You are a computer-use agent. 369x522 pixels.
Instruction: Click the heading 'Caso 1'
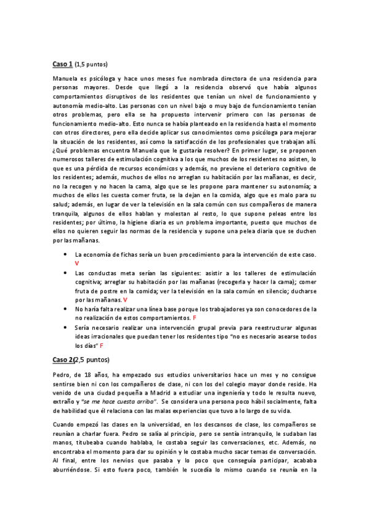pos(62,63)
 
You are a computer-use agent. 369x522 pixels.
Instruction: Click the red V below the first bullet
pos(77,263)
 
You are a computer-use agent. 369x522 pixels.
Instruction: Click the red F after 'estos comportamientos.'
pos(195,318)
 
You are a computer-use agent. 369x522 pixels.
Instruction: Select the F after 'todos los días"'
pos(102,347)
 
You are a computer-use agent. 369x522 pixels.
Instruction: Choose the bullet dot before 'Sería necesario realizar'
pos(65,328)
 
